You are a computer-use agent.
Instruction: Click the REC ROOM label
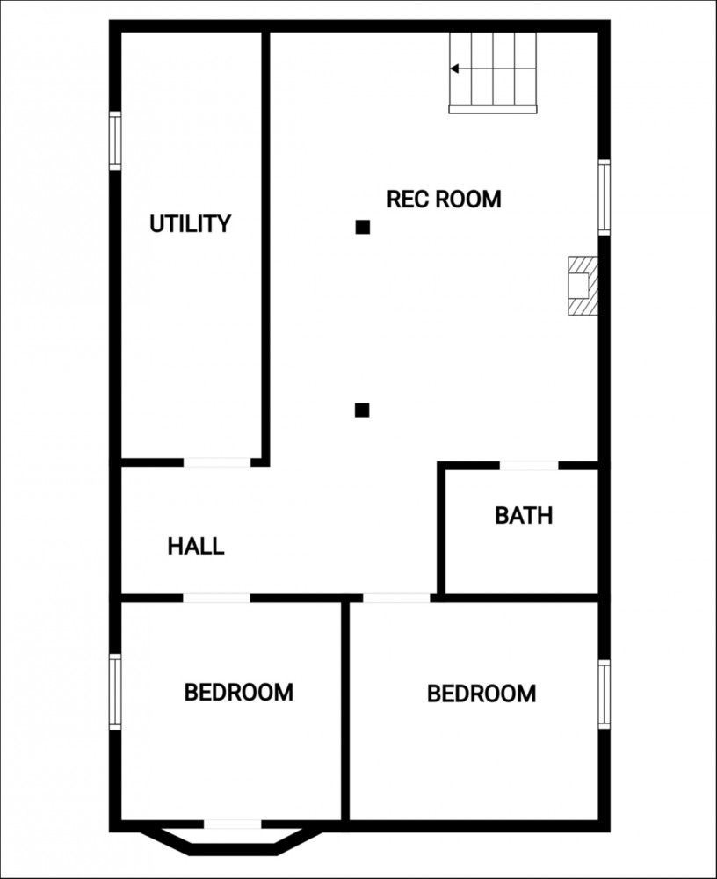[444, 199]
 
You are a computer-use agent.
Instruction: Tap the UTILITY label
[190, 223]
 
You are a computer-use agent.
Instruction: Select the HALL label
[196, 546]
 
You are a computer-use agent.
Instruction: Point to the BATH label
[524, 515]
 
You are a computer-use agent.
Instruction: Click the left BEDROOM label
[239, 693]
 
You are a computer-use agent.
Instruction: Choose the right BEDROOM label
[482, 694]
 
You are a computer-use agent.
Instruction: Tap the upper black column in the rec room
[363, 227]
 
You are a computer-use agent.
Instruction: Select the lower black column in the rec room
[362, 410]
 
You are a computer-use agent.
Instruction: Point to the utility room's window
[115, 140]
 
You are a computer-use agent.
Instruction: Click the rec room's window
[605, 197]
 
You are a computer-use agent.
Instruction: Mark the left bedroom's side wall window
[115, 692]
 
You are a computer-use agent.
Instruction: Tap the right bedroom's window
[605, 694]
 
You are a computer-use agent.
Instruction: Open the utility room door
[217, 462]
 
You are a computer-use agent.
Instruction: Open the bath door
[529, 466]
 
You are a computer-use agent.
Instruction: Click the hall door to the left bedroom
[216, 598]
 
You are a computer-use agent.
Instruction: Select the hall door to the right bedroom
[396, 598]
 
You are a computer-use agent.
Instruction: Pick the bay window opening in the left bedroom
[232, 825]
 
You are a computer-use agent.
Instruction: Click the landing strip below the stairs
[493, 109]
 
